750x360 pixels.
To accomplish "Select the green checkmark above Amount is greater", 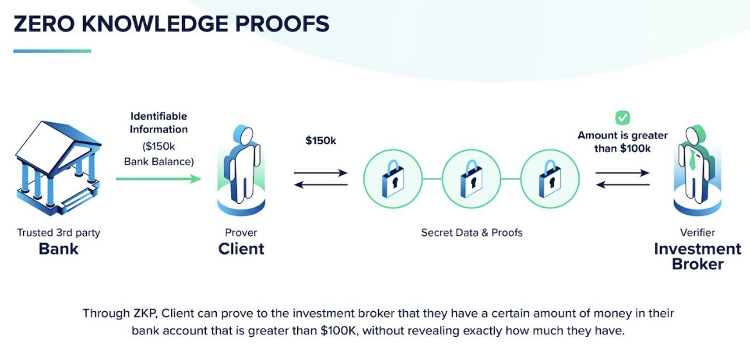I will pyautogui.click(x=622, y=118).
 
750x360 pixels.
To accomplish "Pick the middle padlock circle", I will pyautogui.click(x=471, y=179).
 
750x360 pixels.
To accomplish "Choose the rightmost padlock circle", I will pyautogui.click(x=550, y=179).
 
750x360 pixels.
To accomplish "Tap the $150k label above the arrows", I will pyautogui.click(x=320, y=140).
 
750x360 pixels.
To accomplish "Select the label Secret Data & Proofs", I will pyautogui.click(x=471, y=233).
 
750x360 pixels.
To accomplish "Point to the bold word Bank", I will pyautogui.click(x=59, y=249).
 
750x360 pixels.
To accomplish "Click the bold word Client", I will pyautogui.click(x=241, y=249).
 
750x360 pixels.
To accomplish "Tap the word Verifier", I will pyautogui.click(x=697, y=233).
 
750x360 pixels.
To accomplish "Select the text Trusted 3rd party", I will pyautogui.click(x=59, y=233).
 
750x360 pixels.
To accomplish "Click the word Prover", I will pyautogui.click(x=241, y=233).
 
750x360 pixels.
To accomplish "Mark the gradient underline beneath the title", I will pyautogui.click(x=52, y=51).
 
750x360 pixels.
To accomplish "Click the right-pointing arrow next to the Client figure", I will pyautogui.click(x=320, y=172).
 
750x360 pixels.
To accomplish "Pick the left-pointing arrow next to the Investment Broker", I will pyautogui.click(x=622, y=185).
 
